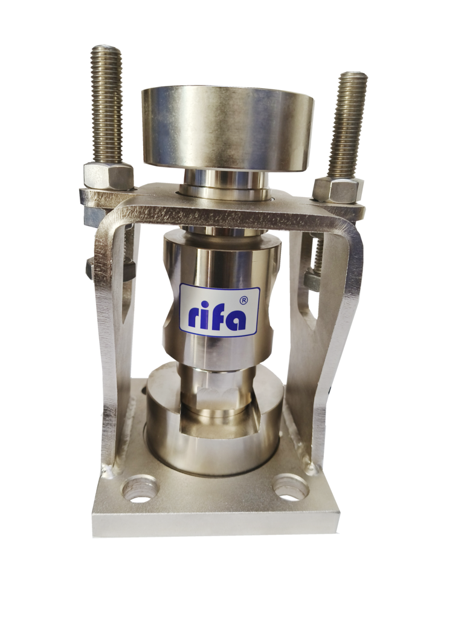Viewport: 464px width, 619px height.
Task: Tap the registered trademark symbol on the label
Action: point(244,300)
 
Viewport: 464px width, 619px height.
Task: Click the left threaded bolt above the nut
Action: point(106,104)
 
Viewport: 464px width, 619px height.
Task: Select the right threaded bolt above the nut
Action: point(349,125)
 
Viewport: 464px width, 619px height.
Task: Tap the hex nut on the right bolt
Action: point(338,190)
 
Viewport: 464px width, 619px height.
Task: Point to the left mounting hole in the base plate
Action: point(140,491)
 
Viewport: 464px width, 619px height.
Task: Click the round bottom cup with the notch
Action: point(215,418)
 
